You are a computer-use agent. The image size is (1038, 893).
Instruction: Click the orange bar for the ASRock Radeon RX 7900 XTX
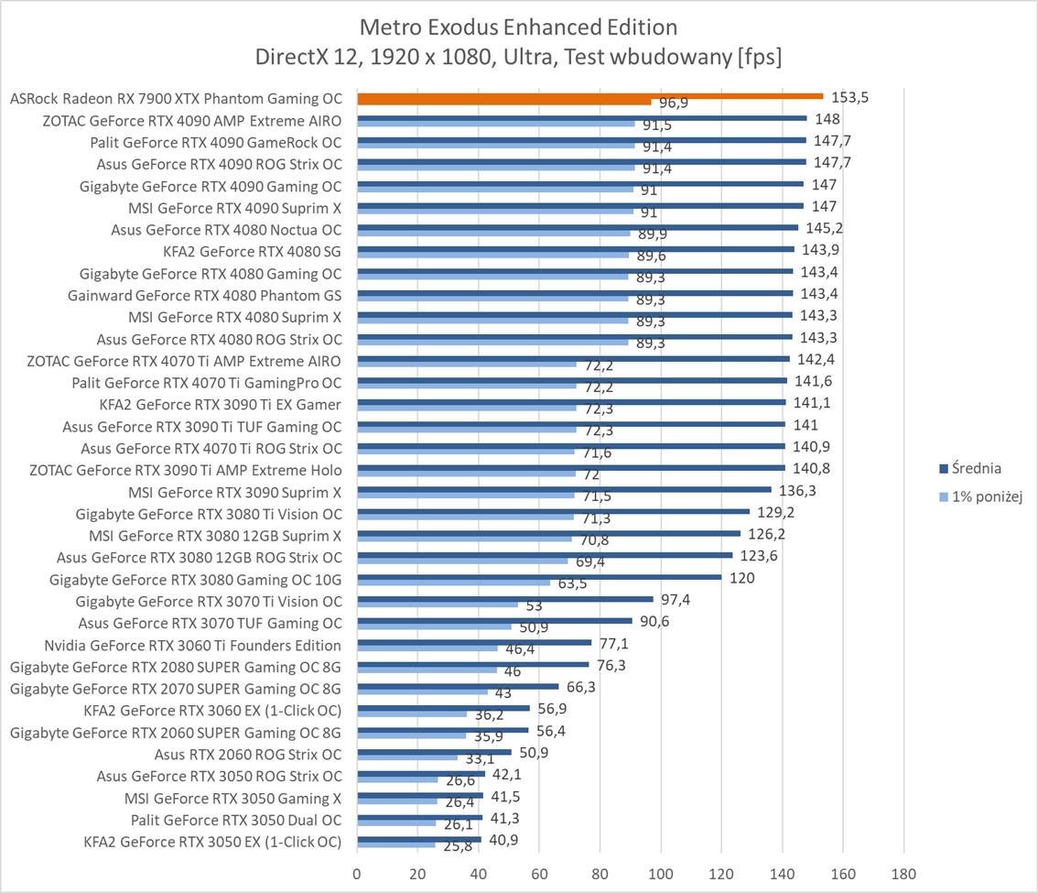coord(589,96)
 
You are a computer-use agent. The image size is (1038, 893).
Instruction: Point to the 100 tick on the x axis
coord(661,873)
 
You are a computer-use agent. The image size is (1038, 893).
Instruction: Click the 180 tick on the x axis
coord(903,873)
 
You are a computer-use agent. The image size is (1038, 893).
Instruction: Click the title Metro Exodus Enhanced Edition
coord(519,26)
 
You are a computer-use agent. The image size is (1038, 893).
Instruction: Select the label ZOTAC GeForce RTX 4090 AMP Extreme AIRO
coord(192,120)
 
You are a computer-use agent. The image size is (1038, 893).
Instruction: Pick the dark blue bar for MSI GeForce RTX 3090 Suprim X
coord(564,489)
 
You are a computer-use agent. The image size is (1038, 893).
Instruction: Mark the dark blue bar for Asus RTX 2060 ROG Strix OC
coord(434,752)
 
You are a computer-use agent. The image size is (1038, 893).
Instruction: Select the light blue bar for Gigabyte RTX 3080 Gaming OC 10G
coord(453,583)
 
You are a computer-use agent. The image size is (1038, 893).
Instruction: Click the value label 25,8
coord(459,846)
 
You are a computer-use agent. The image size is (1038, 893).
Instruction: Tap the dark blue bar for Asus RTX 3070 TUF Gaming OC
coord(494,621)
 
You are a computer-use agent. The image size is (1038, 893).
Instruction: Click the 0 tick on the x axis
coord(357,873)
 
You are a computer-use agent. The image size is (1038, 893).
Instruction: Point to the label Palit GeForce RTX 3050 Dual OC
coord(236,820)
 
